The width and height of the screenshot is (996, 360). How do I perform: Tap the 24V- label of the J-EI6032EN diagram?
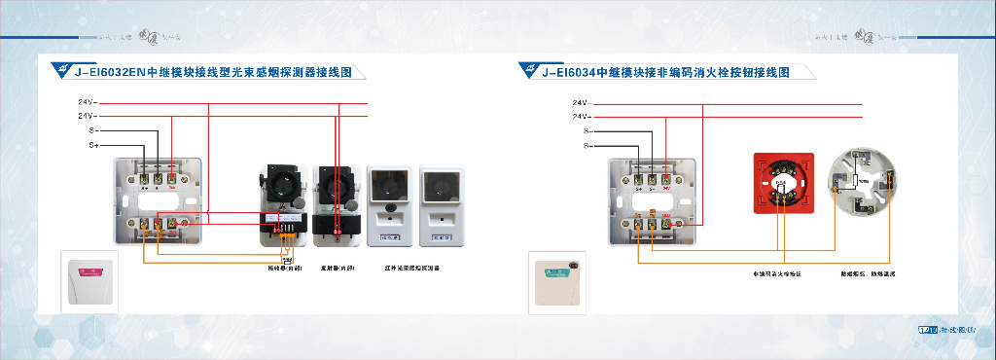[87, 101]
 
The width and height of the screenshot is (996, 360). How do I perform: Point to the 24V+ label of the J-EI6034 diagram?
[581, 117]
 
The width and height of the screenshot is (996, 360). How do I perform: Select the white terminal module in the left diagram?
[160, 198]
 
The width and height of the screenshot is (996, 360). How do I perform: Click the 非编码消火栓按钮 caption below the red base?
[778, 273]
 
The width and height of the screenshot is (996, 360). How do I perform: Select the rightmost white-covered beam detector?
[441, 205]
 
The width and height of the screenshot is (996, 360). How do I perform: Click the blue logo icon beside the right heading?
[529, 69]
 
